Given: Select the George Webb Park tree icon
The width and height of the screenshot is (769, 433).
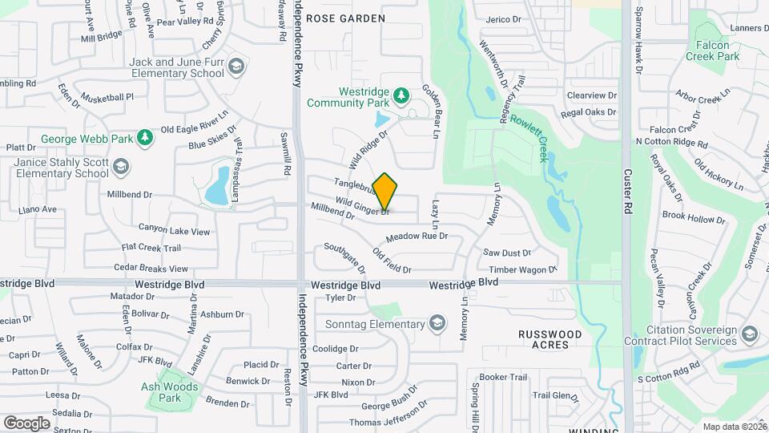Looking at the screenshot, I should pyautogui.click(x=145, y=139).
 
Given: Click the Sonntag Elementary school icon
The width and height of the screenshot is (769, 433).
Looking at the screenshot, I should pyautogui.click(x=437, y=324).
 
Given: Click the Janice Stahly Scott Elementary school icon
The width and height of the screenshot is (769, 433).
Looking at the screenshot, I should pyautogui.click(x=121, y=167).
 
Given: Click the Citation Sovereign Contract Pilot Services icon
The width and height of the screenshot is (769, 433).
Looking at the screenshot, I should pyautogui.click(x=750, y=334).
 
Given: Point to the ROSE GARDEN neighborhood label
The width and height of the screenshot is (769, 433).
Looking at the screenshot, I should pyautogui.click(x=345, y=18).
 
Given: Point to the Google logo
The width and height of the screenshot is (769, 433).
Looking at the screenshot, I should pyautogui.click(x=26, y=423).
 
